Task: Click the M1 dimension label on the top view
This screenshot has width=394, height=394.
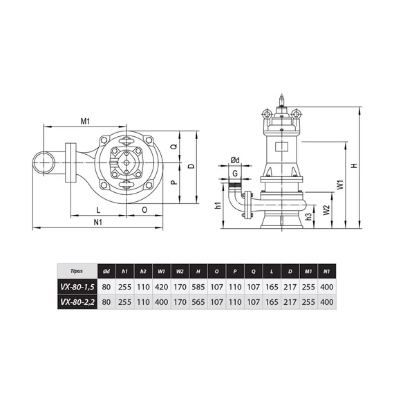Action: point(85,122)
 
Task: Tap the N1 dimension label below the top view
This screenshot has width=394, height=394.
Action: point(98,222)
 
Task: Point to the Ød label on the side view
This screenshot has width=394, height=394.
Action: point(235,160)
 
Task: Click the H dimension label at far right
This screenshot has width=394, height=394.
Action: point(355,166)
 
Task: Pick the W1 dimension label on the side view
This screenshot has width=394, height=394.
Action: point(340,185)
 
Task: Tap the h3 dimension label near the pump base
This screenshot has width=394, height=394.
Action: point(308,216)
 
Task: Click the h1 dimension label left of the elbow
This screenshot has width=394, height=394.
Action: point(218,205)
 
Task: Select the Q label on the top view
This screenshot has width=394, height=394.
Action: point(174,146)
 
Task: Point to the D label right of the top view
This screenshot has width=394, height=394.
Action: point(191,166)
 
